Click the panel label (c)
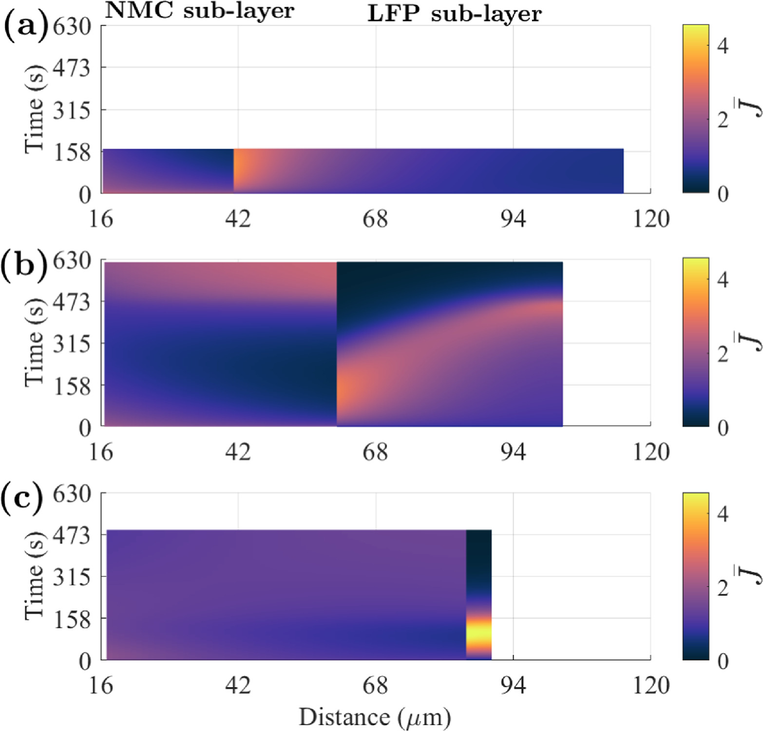[x=21, y=498]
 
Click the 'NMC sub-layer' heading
[x=200, y=11]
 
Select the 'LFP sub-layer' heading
[x=454, y=14]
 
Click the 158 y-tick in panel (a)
[x=72, y=153]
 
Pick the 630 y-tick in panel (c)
[x=72, y=494]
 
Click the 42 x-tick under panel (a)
[x=238, y=219]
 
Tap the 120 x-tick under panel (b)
[x=651, y=452]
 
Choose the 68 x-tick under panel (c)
[x=375, y=686]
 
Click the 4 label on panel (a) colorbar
[x=723, y=46]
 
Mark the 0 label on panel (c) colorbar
[x=723, y=661]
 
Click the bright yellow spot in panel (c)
[x=478, y=635]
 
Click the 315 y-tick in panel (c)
[x=72, y=577]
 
